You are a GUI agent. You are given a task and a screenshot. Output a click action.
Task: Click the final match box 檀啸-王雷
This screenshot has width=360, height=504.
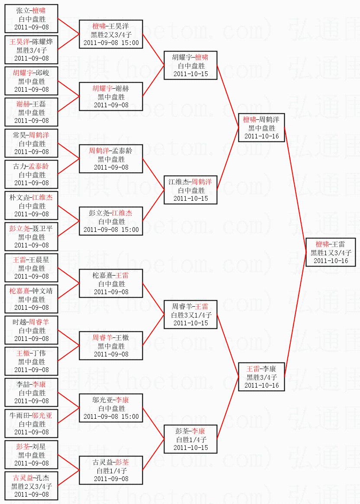331,252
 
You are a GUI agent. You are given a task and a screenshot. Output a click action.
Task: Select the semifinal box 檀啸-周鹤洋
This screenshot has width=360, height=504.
262,128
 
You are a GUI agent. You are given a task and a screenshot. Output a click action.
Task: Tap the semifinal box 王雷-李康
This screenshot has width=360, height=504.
262,377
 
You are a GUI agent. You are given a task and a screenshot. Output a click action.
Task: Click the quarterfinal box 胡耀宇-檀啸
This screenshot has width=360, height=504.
191,65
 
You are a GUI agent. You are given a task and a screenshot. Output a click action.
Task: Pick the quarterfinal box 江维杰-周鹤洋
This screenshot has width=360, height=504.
191,190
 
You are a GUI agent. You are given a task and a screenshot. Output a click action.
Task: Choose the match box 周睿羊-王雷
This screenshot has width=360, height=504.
191,315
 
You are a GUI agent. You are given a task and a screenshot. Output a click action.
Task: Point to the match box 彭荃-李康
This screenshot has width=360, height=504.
191,439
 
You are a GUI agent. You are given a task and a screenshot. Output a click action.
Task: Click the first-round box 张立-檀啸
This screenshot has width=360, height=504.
32,19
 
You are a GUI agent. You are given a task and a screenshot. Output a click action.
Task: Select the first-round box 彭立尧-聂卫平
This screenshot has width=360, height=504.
32,237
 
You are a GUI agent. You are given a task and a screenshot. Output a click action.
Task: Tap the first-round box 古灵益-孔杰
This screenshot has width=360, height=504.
32,486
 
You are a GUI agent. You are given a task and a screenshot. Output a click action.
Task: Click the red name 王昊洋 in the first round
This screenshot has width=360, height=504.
19,42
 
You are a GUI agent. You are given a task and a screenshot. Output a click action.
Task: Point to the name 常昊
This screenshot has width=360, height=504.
19,135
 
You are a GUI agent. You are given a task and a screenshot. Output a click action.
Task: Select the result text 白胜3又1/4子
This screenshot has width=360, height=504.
191,315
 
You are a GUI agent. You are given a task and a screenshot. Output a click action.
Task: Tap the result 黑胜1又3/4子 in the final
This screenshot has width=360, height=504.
331,253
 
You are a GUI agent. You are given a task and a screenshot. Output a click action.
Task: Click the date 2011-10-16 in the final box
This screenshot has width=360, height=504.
331,261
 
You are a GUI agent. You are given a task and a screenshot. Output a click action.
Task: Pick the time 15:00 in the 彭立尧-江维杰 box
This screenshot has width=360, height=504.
130,229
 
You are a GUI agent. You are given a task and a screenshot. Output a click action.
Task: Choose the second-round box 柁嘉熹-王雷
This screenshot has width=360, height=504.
111,283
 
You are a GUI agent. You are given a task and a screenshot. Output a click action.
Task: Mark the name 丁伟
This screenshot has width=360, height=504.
39,353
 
